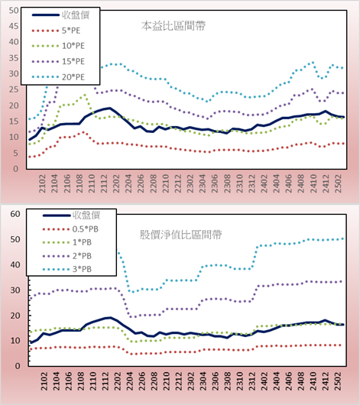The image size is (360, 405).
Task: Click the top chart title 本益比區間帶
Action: pyautogui.click(x=174, y=26)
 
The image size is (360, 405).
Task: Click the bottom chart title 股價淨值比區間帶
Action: pyautogui.click(x=180, y=235)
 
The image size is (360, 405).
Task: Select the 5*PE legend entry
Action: pyautogui.click(x=56, y=31)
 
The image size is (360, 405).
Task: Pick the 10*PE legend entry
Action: pyautogui.click(x=58, y=46)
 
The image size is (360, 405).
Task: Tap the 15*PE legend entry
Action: pyautogui.click(x=58, y=61)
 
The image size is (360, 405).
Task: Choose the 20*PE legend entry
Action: pyautogui.click(x=58, y=77)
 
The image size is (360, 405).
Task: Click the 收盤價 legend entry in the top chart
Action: pyautogui.click(x=60, y=15)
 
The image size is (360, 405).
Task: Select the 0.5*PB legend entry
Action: pyautogui.click(x=70, y=229)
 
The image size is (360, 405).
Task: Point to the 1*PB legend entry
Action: pyautogui.click(x=67, y=242)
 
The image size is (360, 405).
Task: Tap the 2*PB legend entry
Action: pyautogui.click(x=67, y=256)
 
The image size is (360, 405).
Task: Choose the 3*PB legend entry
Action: pyautogui.click(x=67, y=269)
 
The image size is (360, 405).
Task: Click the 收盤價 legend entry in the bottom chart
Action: pyautogui.click(x=71, y=215)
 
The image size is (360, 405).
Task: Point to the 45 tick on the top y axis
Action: pyautogui.click(x=14, y=26)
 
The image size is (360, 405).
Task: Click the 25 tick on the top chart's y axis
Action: pyautogui.click(x=14, y=89)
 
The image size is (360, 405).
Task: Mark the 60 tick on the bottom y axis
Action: pyautogui.click(x=15, y=214)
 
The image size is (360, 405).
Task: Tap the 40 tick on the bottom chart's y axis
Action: pyautogui.click(x=15, y=264)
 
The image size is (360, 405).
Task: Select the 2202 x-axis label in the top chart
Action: pyautogui.click(x=116, y=183)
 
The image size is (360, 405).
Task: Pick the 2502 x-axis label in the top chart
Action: pyautogui.click(x=338, y=183)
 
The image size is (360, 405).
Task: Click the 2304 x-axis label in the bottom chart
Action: pyautogui.click(x=203, y=381)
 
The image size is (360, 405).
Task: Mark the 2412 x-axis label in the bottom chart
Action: pyautogui.click(x=326, y=381)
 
